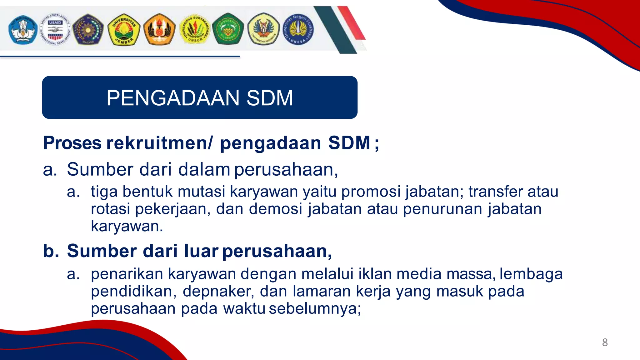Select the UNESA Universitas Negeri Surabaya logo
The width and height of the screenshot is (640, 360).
tap(298, 29)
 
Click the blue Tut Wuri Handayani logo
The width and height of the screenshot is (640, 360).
tap(22, 30)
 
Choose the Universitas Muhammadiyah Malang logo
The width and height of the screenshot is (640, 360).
tap(88, 29)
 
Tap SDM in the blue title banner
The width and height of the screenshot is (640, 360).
tap(270, 98)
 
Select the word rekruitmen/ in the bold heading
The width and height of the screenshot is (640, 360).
tap(159, 143)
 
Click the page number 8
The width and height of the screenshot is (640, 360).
tap(605, 342)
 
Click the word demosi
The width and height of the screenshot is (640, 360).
tap(276, 209)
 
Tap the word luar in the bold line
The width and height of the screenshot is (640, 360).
tap(201, 251)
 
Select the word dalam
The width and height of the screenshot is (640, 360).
tap(204, 169)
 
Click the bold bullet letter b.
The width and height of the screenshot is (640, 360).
tap(50, 251)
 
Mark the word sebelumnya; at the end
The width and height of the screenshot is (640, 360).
tap(315, 309)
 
